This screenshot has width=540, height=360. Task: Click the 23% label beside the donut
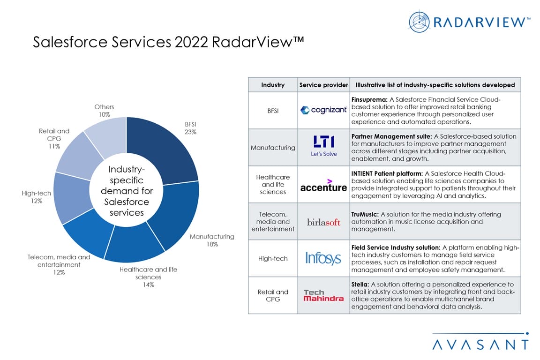(x=190, y=132)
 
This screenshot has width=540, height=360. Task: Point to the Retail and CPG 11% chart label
(x=54, y=139)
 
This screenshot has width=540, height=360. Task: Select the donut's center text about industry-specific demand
(x=126, y=191)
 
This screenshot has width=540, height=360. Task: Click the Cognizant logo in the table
(x=323, y=110)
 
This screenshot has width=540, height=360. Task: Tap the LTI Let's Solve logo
(x=323, y=146)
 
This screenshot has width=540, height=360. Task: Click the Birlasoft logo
(x=323, y=222)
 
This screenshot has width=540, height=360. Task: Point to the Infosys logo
(x=323, y=258)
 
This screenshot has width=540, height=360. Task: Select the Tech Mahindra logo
(x=323, y=295)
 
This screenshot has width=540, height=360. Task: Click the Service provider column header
(x=323, y=85)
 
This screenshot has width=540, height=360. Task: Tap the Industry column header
(x=273, y=85)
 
